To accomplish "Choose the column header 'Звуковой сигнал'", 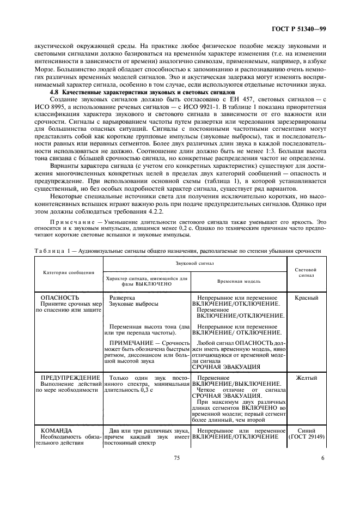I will click(x=195, y=263).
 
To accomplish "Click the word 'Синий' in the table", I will click(x=306, y=430).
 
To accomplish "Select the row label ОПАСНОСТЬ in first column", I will click(x=60, y=298).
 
